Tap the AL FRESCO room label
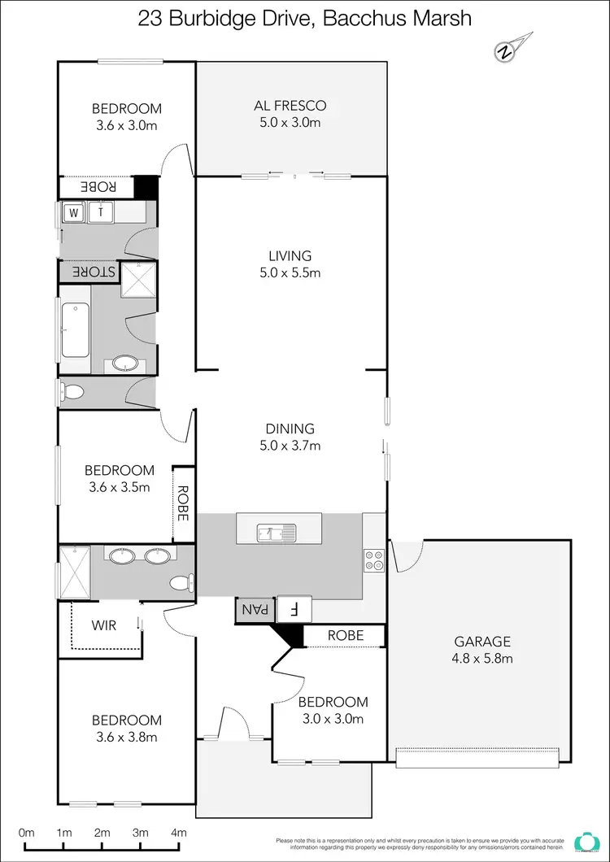pyautogui.click(x=290, y=106)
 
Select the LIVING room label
pyautogui.click(x=290, y=256)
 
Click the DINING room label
pyautogui.click(x=290, y=429)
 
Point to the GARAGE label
pyautogui.click(x=483, y=641)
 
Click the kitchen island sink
pyautogui.click(x=277, y=533)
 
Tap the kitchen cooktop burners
pyautogui.click(x=373, y=559)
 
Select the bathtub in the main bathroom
pyautogui.click(x=76, y=330)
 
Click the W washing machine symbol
pyautogui.click(x=74, y=212)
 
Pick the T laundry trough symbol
pyautogui.click(x=102, y=212)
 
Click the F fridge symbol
pyautogui.click(x=295, y=609)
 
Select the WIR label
pyautogui.click(x=104, y=626)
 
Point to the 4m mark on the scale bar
pyautogui.click(x=178, y=832)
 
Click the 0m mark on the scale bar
pyautogui.click(x=27, y=832)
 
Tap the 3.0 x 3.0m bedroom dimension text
pyautogui.click(x=332, y=718)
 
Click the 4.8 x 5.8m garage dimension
pyautogui.click(x=483, y=658)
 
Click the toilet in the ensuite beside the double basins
pyautogui.click(x=181, y=582)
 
